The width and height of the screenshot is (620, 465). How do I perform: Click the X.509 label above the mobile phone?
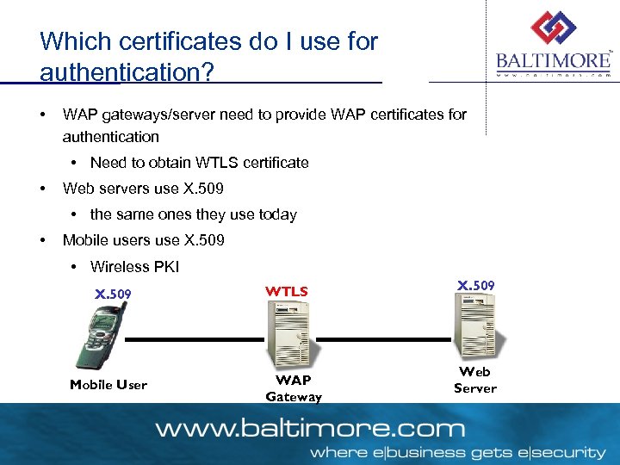[113, 294]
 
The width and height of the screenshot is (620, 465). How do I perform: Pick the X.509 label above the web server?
[475, 285]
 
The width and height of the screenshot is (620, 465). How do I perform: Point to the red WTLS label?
[287, 292]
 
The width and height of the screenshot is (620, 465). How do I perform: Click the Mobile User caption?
[108, 385]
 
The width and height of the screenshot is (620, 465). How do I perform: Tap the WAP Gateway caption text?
[294, 388]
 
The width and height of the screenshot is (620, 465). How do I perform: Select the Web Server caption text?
[475, 380]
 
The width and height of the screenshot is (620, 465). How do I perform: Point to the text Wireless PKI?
[134, 267]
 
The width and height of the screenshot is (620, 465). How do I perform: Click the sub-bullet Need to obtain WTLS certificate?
[199, 163]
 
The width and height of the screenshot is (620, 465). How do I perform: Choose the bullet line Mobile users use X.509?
[143, 240]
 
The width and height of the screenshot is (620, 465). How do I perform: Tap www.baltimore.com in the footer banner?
[309, 428]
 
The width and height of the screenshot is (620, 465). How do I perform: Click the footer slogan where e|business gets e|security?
[457, 452]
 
